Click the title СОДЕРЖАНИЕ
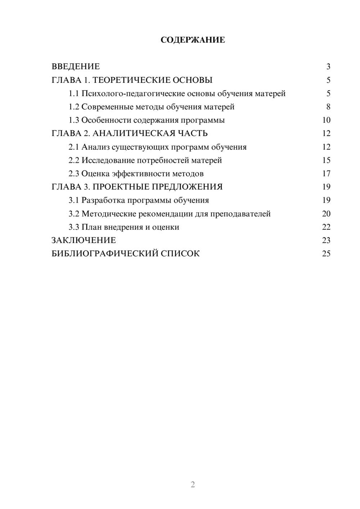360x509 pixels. pyautogui.click(x=193, y=40)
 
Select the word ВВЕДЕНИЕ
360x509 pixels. pyautogui.click(x=76, y=67)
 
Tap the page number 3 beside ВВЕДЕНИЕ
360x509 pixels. pyautogui.click(x=328, y=67)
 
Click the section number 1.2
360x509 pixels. pyautogui.click(x=74, y=107)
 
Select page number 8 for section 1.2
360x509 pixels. pyautogui.click(x=328, y=107)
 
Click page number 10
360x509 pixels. pyautogui.click(x=326, y=120)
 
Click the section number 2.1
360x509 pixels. pyautogui.click(x=74, y=147)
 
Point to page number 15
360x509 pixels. pyautogui.click(x=326, y=160)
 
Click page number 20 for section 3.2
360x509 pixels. pyautogui.click(x=326, y=214)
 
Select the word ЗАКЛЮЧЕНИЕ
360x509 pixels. pyautogui.click(x=84, y=240)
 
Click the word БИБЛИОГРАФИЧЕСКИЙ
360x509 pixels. pyautogui.click(x=104, y=254)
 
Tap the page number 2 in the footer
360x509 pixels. pyautogui.click(x=193, y=485)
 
